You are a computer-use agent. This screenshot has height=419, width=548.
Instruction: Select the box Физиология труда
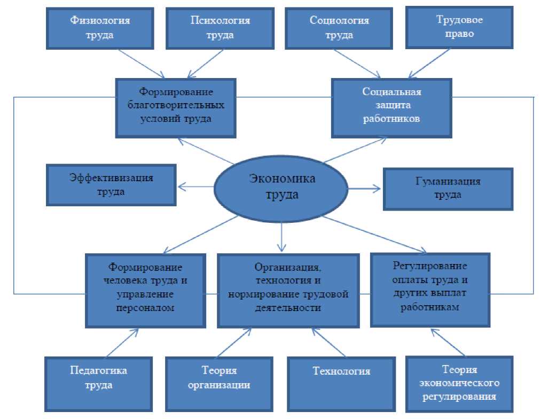click(101, 28)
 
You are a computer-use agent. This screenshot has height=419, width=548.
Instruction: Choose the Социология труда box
click(332, 28)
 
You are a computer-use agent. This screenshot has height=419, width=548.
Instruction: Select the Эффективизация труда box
click(111, 184)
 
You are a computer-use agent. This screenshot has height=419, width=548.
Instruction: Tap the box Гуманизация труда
click(447, 188)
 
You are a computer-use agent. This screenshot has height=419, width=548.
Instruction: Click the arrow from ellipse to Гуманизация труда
click(364, 188)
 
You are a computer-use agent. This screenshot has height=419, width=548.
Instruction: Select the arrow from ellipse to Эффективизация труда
click(195, 187)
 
